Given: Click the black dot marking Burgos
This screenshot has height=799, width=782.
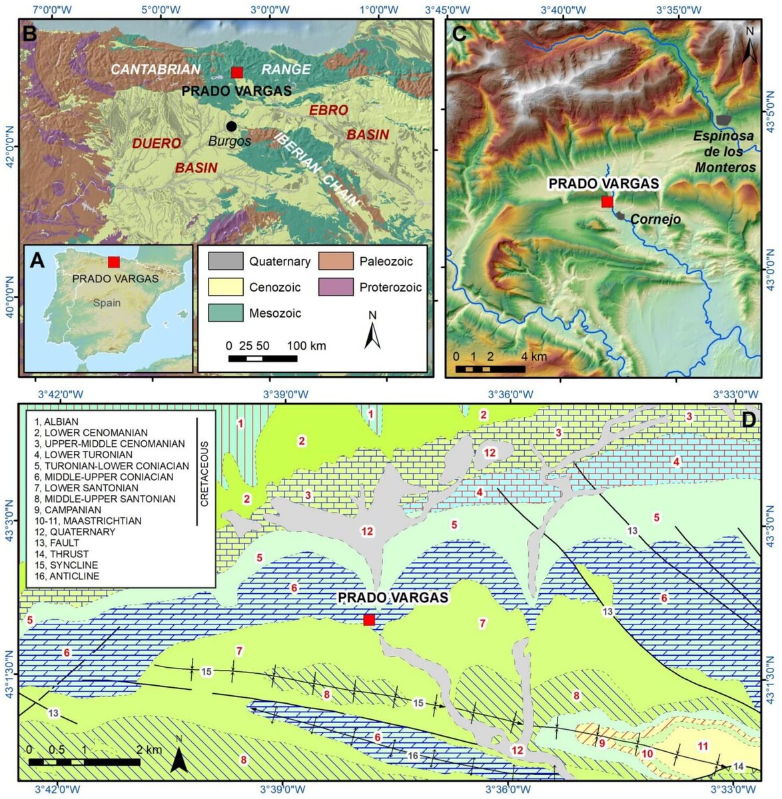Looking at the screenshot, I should (x=231, y=127).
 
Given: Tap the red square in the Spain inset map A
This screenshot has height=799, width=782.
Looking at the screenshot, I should (x=114, y=262).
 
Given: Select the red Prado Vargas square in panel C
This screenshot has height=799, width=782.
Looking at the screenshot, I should (x=606, y=202).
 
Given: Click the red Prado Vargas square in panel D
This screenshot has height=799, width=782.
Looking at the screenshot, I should (x=369, y=620).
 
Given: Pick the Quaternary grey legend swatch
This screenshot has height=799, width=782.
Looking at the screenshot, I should (x=224, y=262).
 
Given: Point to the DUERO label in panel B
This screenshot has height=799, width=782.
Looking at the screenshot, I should (x=157, y=143).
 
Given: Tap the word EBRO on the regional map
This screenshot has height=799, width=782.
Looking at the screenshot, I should (x=328, y=110).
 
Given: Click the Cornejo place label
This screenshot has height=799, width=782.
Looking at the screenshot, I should (x=655, y=219).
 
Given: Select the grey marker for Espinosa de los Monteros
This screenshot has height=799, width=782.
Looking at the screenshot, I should (x=723, y=120).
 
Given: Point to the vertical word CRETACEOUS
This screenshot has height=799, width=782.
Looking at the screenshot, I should (x=204, y=473).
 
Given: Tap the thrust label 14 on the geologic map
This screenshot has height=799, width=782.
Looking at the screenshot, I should (x=737, y=767).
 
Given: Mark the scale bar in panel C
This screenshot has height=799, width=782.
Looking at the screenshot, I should (x=490, y=369).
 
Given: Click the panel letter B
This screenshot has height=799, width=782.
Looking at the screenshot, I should (x=29, y=33).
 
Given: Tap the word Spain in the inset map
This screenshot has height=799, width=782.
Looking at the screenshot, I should (x=107, y=303).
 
